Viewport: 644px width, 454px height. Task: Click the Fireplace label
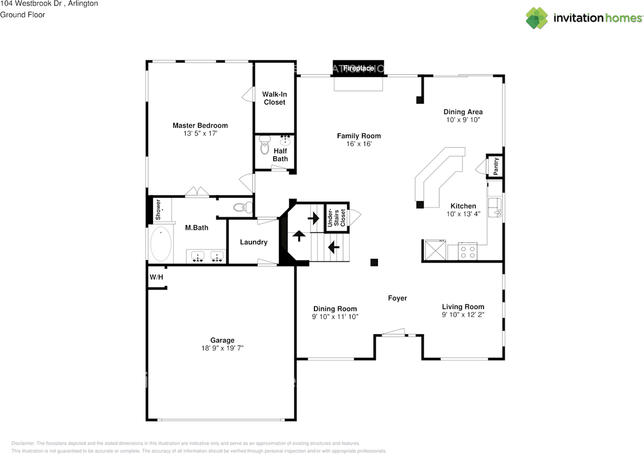(x=358, y=68)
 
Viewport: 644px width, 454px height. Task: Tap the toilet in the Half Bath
(x=265, y=145)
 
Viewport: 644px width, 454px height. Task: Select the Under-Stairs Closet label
(x=336, y=218)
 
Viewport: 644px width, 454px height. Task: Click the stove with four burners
(x=467, y=251)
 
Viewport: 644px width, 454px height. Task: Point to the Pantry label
(x=496, y=166)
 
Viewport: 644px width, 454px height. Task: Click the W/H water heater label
(x=156, y=277)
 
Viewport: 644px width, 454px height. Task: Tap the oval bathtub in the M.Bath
(x=160, y=244)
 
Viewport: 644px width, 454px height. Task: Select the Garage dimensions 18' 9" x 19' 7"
(x=222, y=348)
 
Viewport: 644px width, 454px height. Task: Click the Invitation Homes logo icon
(x=537, y=18)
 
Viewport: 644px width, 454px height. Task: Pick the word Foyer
(x=397, y=298)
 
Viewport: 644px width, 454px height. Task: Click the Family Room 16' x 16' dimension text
(x=359, y=144)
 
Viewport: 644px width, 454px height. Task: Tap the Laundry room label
(x=254, y=242)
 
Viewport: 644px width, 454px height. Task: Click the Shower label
(x=158, y=210)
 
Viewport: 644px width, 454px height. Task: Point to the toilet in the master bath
(x=243, y=207)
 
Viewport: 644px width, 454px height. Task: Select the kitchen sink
(x=495, y=207)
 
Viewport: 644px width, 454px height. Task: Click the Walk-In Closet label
(x=275, y=98)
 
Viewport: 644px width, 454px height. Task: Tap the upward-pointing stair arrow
(x=299, y=236)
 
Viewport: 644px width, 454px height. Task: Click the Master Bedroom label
(x=200, y=126)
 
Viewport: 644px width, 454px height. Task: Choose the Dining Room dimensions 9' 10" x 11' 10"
(x=335, y=317)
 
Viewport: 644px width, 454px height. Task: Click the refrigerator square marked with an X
(x=436, y=250)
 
